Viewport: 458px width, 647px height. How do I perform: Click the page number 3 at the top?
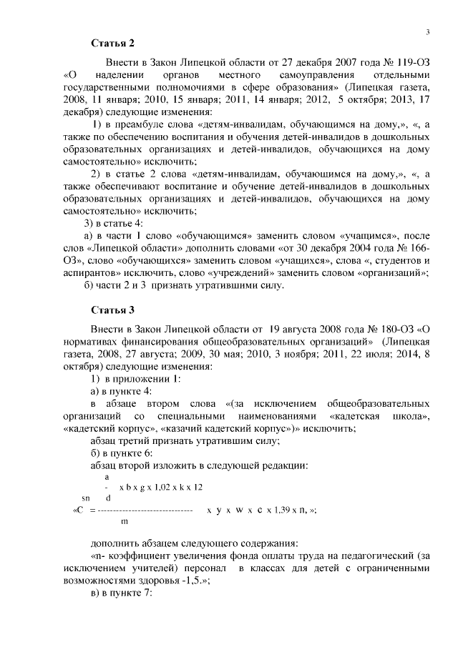click(x=427, y=32)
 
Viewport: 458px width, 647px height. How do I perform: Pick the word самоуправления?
click(x=316, y=75)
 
